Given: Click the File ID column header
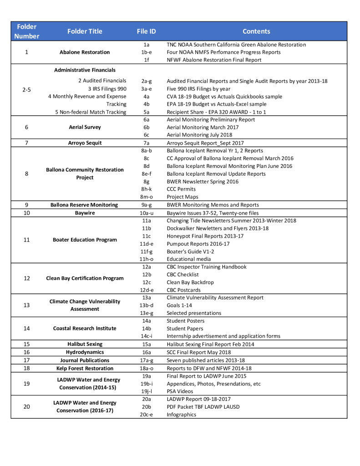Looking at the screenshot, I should coord(146,31).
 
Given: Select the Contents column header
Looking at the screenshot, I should coord(256,31).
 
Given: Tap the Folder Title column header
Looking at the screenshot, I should coord(85,31).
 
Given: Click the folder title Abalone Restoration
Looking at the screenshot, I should coord(85,52).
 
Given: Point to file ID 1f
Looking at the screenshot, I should coord(146,60).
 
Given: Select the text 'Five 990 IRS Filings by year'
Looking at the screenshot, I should coord(198,89).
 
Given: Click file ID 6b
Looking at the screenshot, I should coord(146,127).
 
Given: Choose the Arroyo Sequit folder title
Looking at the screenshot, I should coord(85,143).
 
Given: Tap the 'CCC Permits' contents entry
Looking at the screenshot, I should coord(181,189).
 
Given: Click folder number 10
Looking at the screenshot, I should coord(26,213).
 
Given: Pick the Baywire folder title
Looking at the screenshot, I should coord(85,213).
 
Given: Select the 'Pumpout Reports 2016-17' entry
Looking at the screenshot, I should coord(198,243).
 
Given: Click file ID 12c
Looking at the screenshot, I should coord(146,282).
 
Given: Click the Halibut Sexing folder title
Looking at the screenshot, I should coord(85,344).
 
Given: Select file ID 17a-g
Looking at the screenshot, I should coord(146,360).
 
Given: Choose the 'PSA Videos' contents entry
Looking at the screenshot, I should coord(180,391).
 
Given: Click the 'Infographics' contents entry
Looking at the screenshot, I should coord(182,415).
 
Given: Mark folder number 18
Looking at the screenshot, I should coord(26,368).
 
